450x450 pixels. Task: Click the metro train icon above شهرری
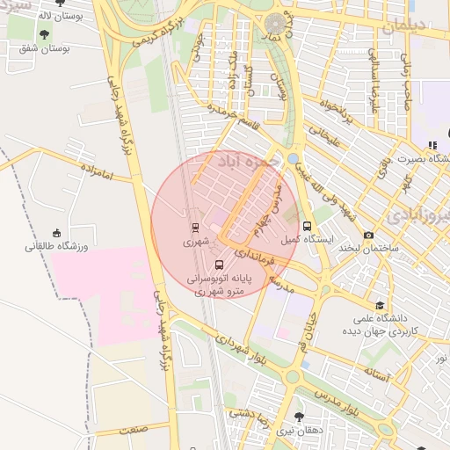coord(195,226)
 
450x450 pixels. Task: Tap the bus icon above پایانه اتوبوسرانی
coord(218,264)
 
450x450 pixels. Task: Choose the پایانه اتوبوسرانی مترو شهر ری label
coord(219,283)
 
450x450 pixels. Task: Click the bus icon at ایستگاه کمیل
coord(305,226)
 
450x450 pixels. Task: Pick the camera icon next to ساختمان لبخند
coord(368,235)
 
